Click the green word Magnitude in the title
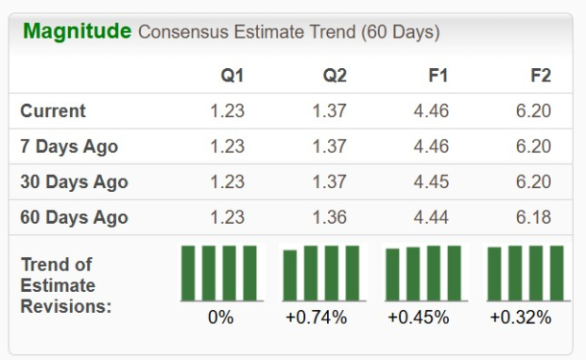77,31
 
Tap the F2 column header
540,76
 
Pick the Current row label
53,111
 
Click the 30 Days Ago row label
74,182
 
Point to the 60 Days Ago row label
74,217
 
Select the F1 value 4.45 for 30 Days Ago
430,182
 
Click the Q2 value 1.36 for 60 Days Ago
330,217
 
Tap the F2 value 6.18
532,217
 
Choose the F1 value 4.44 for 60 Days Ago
430,217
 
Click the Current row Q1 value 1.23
227,111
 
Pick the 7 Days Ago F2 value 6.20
532,146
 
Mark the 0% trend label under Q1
220,317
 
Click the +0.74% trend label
316,317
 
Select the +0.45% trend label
418,317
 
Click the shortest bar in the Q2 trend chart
290,275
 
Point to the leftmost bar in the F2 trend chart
494,274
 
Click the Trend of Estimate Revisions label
65,284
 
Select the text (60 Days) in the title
400,33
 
